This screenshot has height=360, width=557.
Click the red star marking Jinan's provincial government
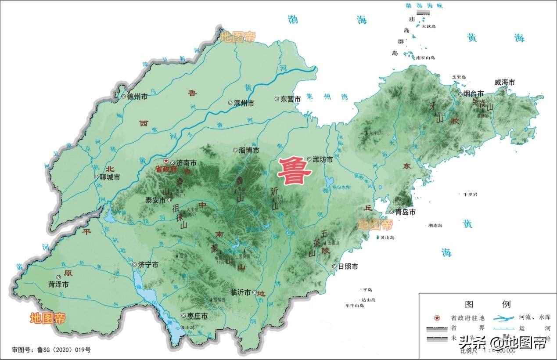pos(166,162)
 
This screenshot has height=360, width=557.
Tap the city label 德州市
pos(137,97)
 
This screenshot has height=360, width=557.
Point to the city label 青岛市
pos(406,212)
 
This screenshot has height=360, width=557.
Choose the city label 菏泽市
pos(58,284)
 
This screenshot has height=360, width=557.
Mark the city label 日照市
pos(348,266)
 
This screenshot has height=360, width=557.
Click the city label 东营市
pos(291,99)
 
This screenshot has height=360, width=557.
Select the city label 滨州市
pos(244,103)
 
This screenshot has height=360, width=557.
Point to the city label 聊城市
pos(110,177)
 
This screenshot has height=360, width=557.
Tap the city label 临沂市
pos(241,292)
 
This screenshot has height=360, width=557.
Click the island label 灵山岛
pos(388,238)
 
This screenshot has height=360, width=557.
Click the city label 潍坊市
pos(323,160)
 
